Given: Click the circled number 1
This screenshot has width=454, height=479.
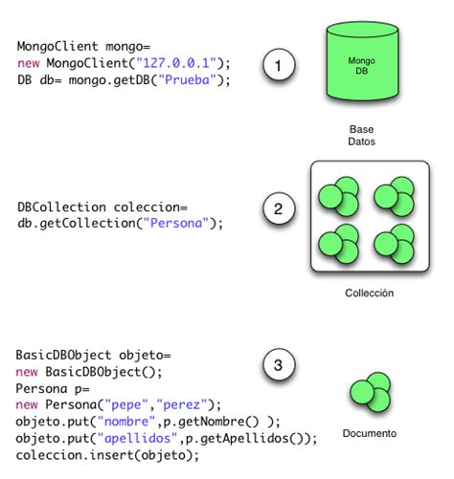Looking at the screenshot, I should [278, 67].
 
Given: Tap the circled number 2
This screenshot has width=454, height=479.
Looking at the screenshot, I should [278, 209].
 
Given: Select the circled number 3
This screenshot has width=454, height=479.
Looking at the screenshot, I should [278, 365].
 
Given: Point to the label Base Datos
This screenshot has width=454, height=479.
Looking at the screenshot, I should [361, 134].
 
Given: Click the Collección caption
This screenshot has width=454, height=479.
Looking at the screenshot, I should [369, 294].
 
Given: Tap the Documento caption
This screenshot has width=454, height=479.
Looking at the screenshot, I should [369, 433].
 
